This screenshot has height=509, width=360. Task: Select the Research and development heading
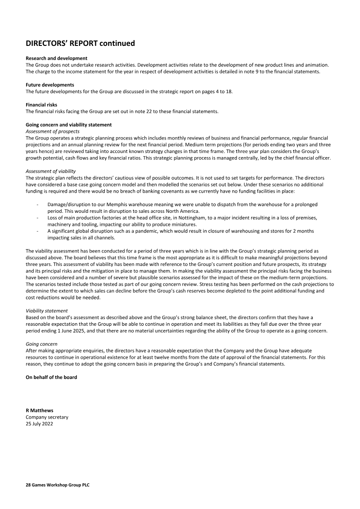point(56,59)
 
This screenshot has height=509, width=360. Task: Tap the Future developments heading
point(50,85)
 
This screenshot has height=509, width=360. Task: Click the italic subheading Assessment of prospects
point(53,131)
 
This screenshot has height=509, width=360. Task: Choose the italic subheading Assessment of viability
point(51,171)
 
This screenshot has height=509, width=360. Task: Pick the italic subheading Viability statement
point(47,311)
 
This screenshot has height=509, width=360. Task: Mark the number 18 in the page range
point(228,91)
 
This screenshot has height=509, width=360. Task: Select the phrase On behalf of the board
point(51,377)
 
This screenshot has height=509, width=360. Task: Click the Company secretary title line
point(47,417)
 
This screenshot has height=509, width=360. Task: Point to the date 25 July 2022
point(39,423)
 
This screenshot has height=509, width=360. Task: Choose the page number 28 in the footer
point(28,486)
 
